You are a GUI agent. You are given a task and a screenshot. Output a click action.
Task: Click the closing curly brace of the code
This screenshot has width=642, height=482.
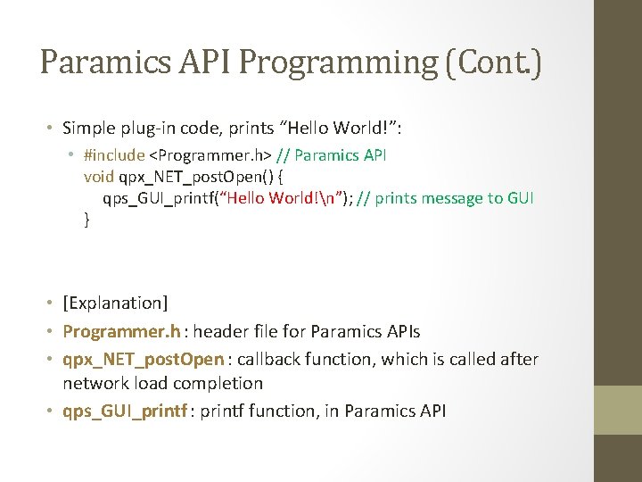tap(87, 219)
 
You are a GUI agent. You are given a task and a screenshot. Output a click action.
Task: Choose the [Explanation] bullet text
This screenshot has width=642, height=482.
tap(115, 303)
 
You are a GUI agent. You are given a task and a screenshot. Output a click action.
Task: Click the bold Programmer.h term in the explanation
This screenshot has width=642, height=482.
tap(121, 331)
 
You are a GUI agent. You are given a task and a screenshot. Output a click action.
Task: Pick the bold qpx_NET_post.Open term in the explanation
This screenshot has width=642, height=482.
tap(142, 359)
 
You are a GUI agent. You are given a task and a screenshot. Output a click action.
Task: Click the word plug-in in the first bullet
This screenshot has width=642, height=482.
tap(169, 129)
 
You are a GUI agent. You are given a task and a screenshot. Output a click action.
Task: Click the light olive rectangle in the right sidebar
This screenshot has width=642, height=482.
tap(618, 409)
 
